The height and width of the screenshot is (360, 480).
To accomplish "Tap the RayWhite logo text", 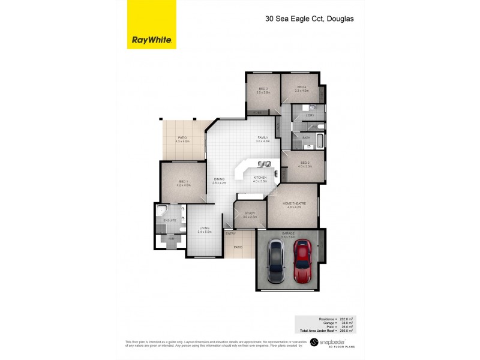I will pyautogui.click(x=152, y=41).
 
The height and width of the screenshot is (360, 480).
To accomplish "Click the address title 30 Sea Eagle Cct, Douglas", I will pyautogui.click(x=309, y=19).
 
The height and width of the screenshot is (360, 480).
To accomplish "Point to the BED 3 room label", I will pyautogui.click(x=263, y=89).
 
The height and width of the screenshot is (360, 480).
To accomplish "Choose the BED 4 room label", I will pyautogui.click(x=301, y=88).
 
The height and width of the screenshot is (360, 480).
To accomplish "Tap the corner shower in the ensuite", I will pyautogui.click(x=161, y=212).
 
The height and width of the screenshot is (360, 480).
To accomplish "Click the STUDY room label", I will pyautogui.click(x=250, y=213).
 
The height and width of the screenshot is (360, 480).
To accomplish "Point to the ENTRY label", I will pyautogui.click(x=231, y=233).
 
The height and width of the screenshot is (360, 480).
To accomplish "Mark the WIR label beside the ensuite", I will pyautogui.click(x=171, y=239).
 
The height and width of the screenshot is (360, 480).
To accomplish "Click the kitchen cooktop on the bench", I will pyautogui.click(x=263, y=164).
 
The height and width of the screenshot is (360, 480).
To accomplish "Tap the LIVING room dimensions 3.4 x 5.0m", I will pyautogui.click(x=205, y=231).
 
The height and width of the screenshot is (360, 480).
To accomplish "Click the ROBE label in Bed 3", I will pyautogui.click(x=257, y=112).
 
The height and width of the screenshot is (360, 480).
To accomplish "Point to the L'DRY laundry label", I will pyautogui.click(x=310, y=115).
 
